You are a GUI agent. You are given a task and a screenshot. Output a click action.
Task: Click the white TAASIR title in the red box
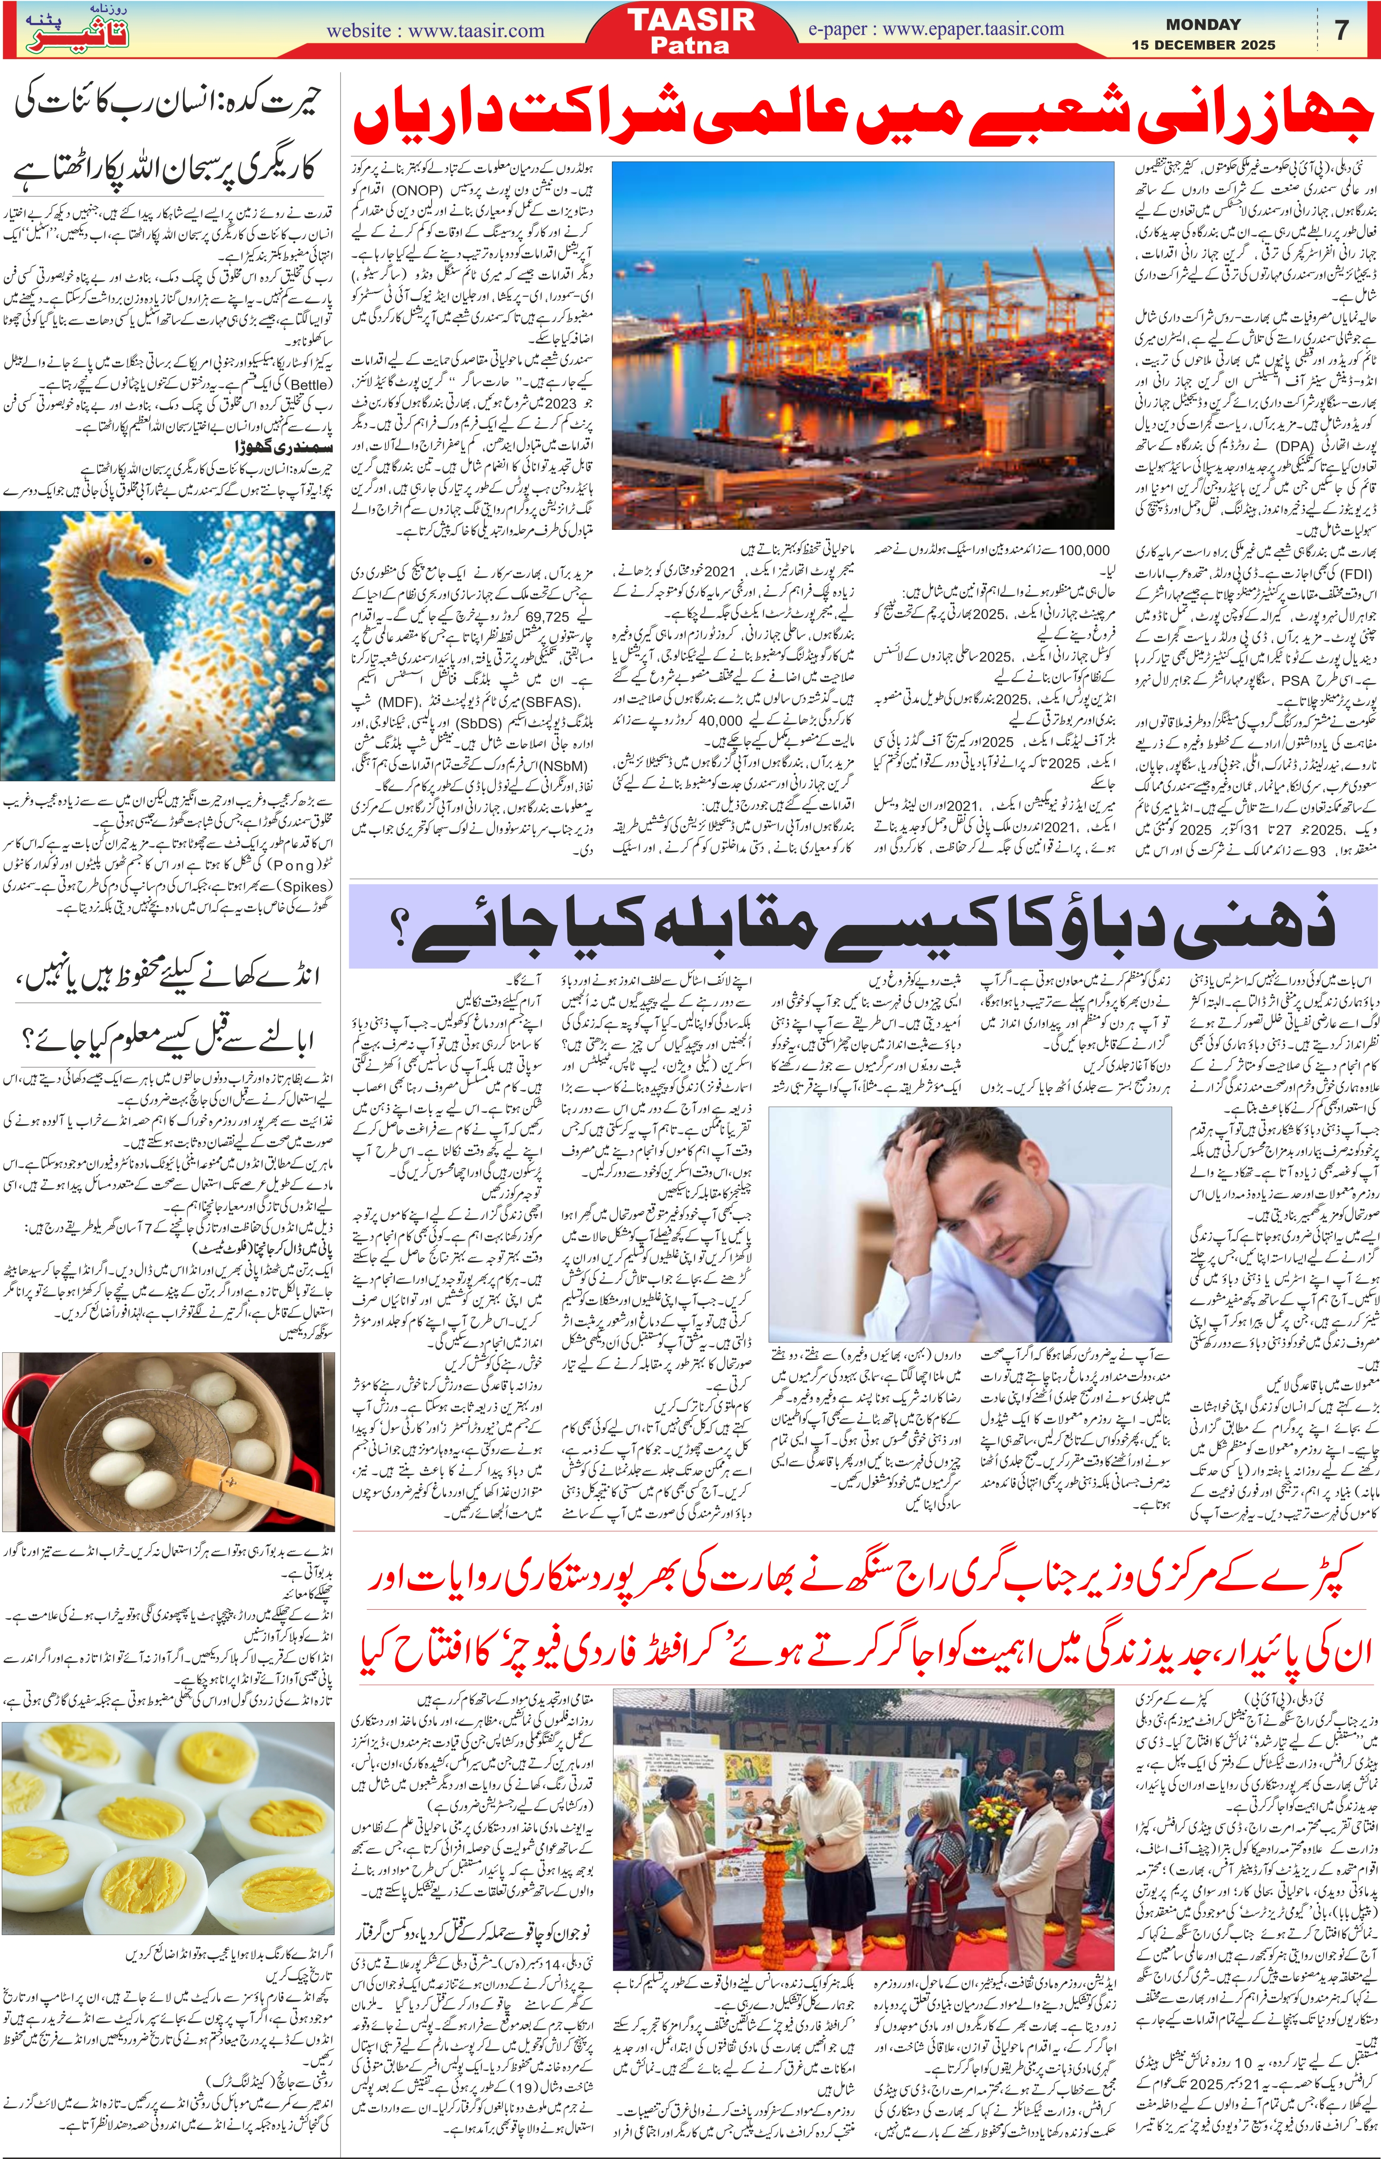tap(690, 20)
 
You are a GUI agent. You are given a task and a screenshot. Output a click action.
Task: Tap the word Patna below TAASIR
tap(690, 45)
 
